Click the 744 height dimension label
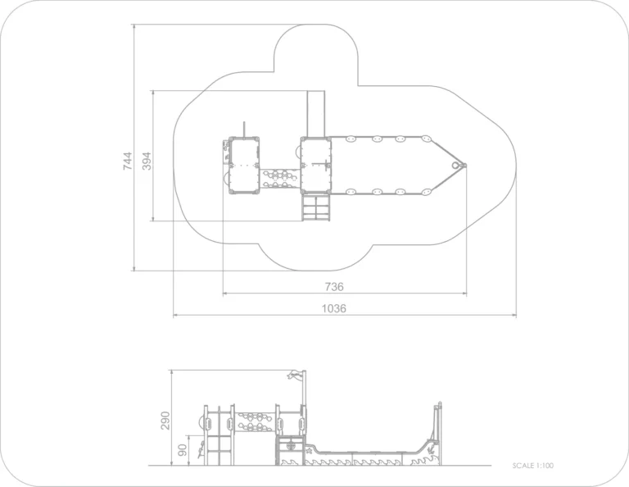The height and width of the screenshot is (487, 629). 127,161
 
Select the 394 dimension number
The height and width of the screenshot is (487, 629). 147,161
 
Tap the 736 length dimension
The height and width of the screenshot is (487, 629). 334,287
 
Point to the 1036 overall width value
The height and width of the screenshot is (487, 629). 334,308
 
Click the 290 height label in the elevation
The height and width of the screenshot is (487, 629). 165,421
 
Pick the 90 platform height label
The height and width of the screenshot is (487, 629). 183,449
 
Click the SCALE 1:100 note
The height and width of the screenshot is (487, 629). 532,466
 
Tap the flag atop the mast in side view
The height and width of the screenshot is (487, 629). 295,375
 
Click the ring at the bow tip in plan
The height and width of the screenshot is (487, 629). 455,166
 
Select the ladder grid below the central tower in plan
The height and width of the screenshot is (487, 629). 316,208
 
